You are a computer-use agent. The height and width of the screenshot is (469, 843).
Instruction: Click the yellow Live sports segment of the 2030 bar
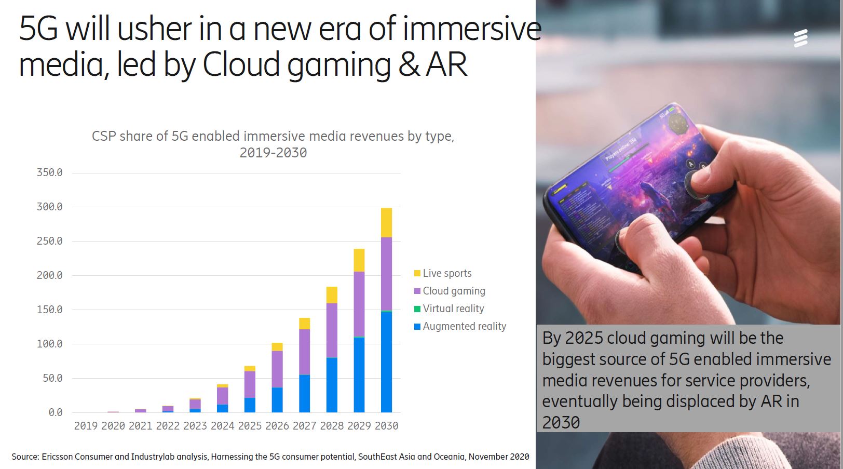click(x=386, y=223)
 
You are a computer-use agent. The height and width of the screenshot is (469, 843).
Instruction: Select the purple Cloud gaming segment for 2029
click(x=359, y=304)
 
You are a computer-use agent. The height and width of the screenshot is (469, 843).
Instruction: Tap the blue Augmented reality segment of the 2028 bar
click(x=332, y=384)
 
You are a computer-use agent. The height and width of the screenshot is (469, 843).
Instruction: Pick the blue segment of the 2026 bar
click(x=277, y=399)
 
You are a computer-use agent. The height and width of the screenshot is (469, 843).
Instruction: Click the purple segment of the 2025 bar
click(x=250, y=384)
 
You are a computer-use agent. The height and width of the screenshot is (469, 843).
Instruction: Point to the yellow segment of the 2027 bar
click(x=304, y=324)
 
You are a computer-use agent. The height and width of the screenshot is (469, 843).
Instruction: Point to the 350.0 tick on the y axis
click(x=50, y=172)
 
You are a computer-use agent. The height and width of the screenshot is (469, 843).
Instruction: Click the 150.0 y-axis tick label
click(x=50, y=310)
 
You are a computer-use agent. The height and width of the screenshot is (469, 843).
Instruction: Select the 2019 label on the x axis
click(x=86, y=426)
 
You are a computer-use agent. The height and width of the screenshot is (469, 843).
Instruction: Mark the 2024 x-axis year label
click(x=222, y=426)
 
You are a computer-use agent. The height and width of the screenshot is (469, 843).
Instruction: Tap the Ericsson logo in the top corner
click(x=800, y=38)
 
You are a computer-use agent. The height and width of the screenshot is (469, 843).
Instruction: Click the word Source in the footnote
click(x=24, y=457)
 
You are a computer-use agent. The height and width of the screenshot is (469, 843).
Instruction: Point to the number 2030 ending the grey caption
click(x=561, y=423)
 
